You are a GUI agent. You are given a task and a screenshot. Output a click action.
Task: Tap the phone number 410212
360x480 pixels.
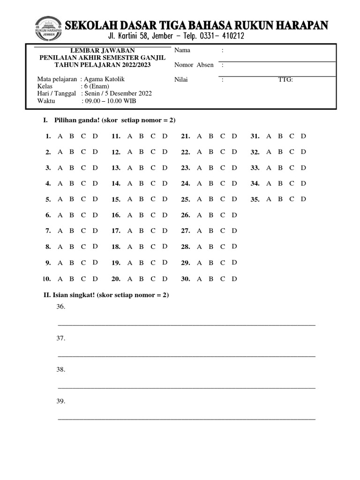click(228, 36)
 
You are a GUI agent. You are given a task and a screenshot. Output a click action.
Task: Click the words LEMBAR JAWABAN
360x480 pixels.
click(103, 51)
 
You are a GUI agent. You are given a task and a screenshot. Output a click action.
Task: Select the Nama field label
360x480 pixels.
click(182, 51)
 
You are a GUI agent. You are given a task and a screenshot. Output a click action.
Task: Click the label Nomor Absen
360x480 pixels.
click(194, 65)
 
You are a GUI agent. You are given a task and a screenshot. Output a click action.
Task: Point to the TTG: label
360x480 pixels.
click(285, 80)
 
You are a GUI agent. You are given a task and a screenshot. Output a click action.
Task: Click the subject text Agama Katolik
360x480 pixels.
click(105, 79)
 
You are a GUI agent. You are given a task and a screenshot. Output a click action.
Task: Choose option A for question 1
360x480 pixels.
click(60, 136)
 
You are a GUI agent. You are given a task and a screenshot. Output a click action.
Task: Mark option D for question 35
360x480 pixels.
click(303, 199)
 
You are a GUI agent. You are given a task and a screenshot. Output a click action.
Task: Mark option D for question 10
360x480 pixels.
click(95, 279)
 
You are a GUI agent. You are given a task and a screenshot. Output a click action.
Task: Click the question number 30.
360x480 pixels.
click(186, 279)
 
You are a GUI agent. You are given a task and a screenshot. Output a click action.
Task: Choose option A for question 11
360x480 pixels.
click(129, 136)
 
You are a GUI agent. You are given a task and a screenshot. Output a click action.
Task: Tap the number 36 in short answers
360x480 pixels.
click(60, 307)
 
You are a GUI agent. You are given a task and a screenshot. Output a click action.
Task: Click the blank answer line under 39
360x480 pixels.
click(186, 419)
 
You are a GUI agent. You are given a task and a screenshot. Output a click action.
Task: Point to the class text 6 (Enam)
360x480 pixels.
click(97, 86)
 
